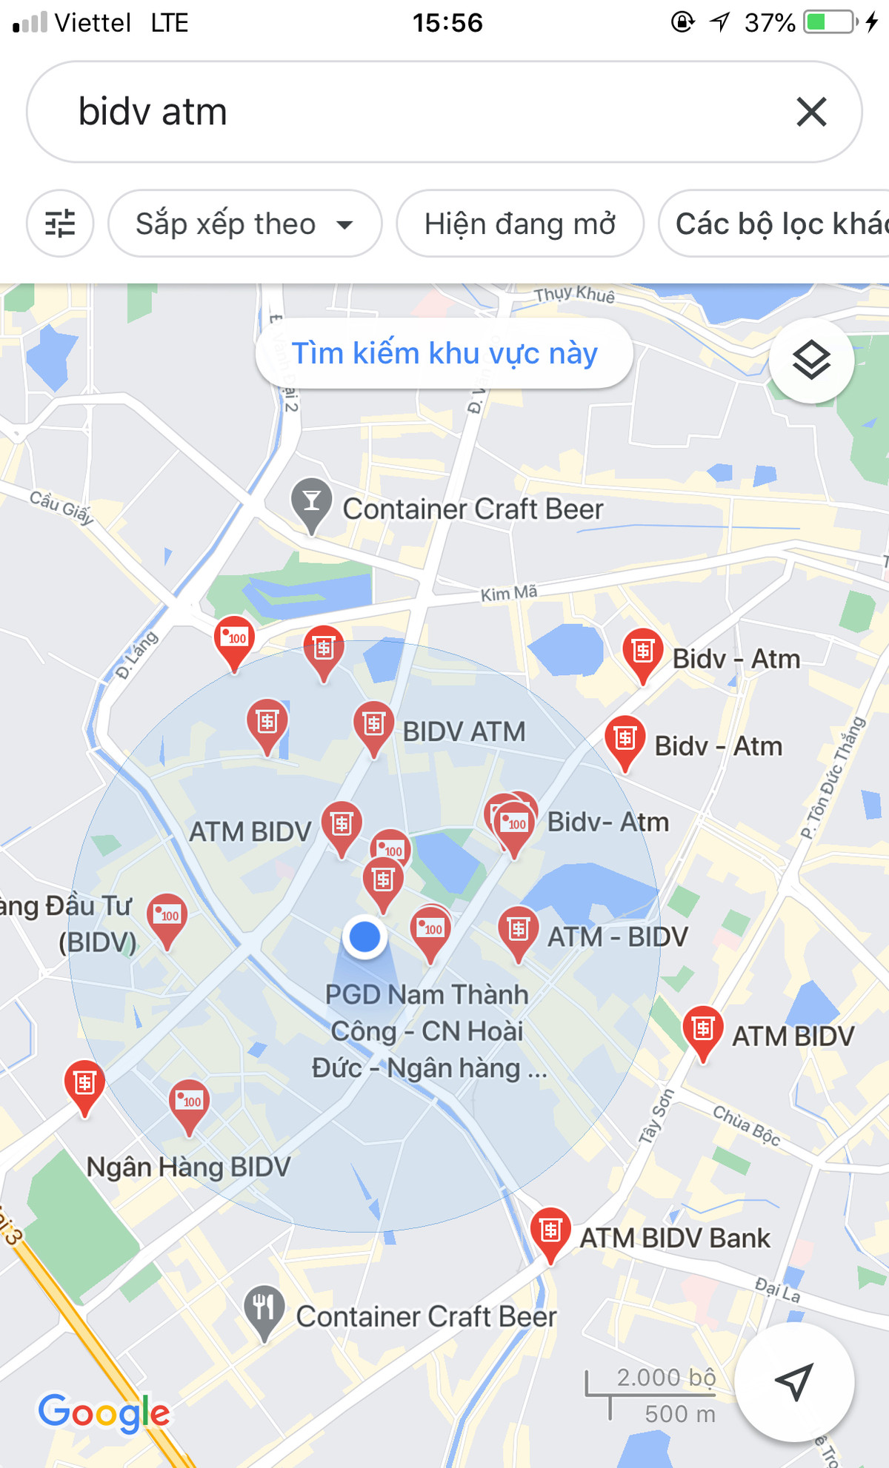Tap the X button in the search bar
(811, 113)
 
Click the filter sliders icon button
(60, 224)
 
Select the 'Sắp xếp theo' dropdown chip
(244, 224)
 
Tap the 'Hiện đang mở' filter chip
(519, 224)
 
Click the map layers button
(811, 361)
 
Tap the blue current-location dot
(364, 937)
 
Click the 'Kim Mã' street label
(508, 593)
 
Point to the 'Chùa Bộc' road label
(746, 1125)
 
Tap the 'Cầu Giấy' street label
(61, 506)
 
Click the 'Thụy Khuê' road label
(574, 295)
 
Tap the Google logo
(104, 1412)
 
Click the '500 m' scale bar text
(679, 1414)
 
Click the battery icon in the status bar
(829, 22)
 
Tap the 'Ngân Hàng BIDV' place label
(188, 1167)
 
